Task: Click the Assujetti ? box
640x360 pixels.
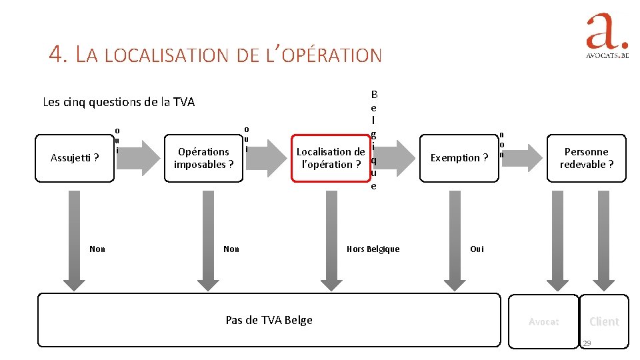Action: point(75,158)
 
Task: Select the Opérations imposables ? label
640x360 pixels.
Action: point(203,158)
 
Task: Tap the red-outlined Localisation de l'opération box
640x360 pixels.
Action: point(330,158)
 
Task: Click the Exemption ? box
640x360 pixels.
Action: point(459,158)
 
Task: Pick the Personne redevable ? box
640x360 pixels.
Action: point(586,158)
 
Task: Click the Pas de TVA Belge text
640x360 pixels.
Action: point(269,320)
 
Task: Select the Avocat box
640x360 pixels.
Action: point(543,321)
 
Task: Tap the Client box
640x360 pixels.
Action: point(604,321)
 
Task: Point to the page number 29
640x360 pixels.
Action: point(587,343)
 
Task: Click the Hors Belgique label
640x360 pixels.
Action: point(373,249)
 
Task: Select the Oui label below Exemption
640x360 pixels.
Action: point(477,249)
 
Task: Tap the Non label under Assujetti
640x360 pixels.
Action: point(97,249)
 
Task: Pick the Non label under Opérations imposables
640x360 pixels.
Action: point(231,249)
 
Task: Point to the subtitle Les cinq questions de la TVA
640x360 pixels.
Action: point(119,102)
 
